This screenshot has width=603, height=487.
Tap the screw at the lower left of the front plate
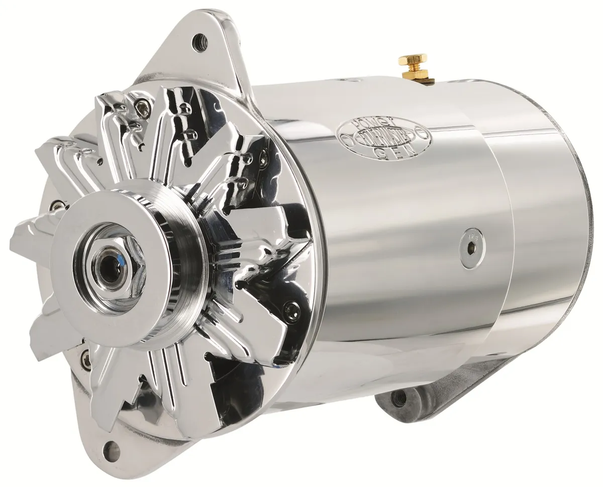pyautogui.click(x=86, y=359)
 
